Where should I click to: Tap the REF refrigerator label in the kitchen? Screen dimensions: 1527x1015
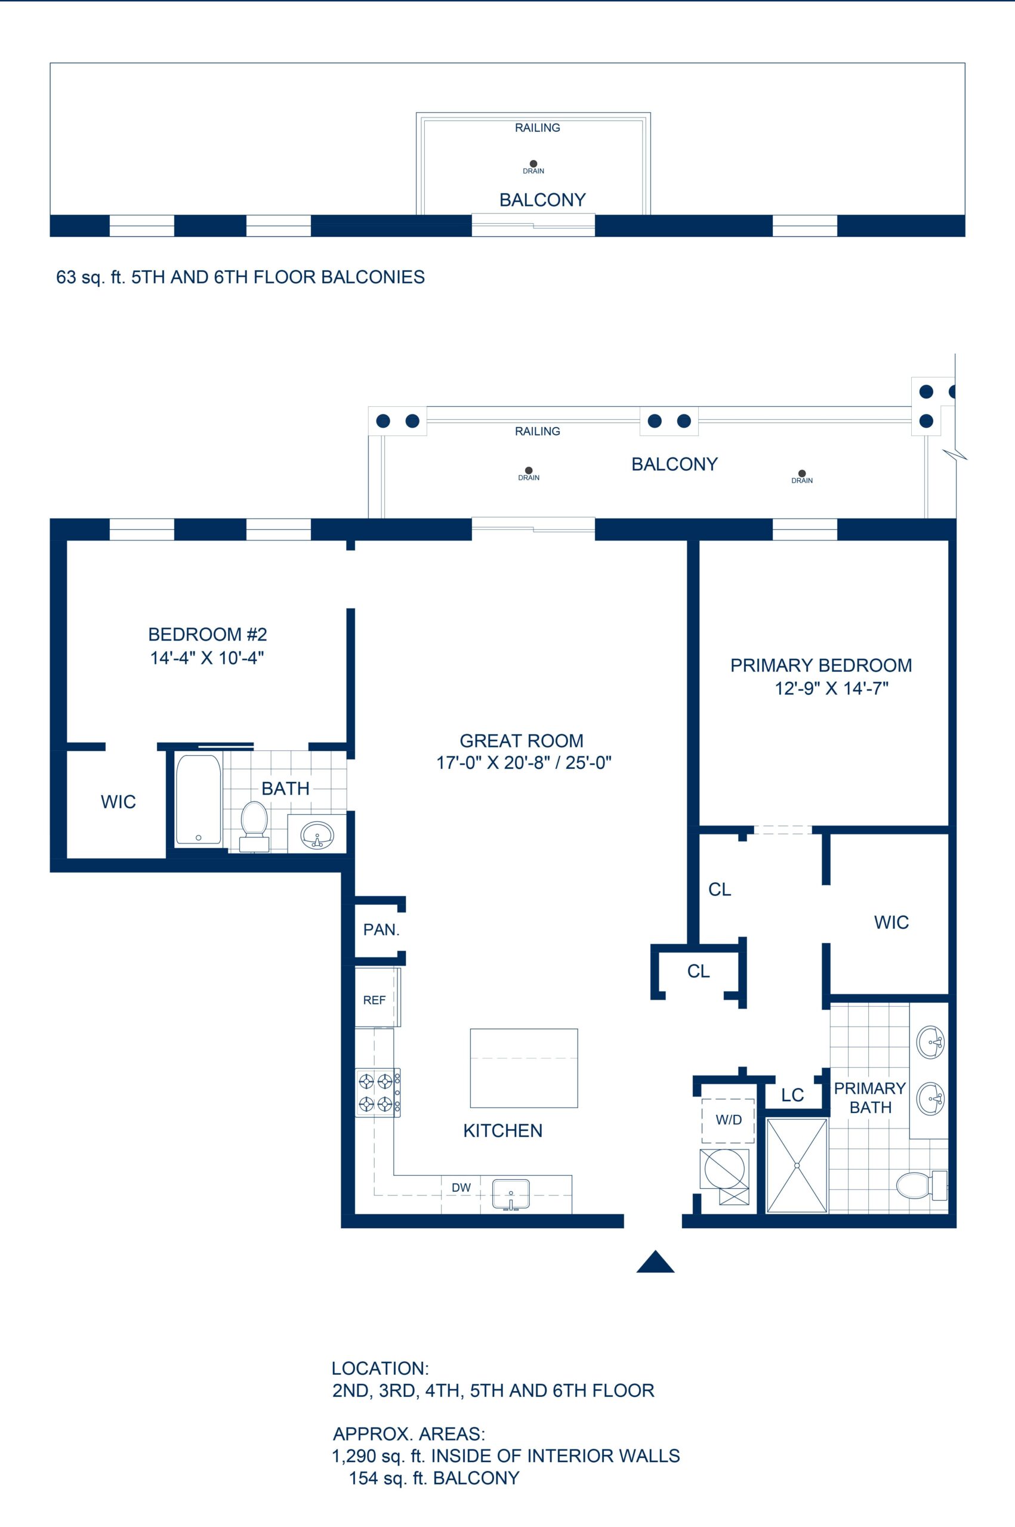click(x=374, y=1000)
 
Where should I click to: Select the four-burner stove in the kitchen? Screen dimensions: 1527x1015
click(x=377, y=1093)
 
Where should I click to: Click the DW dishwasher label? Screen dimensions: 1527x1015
click(x=461, y=1188)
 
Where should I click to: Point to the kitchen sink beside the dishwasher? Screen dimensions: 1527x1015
click(x=511, y=1194)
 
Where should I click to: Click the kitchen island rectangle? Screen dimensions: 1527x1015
click(x=524, y=1068)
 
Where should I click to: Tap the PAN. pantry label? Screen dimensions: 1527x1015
click(x=381, y=930)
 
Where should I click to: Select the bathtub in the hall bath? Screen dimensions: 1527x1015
click(x=198, y=800)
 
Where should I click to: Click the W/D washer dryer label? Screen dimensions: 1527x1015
click(x=728, y=1120)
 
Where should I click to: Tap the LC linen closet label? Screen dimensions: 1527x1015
click(x=792, y=1095)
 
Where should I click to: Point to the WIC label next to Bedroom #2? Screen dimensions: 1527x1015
click(x=119, y=802)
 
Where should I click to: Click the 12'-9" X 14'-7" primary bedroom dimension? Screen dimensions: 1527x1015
click(x=831, y=689)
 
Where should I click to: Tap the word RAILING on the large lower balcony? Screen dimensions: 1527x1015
click(x=537, y=432)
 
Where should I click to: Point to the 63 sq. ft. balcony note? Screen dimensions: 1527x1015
click(x=91, y=277)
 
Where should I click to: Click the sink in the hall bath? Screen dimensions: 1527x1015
click(x=317, y=834)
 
